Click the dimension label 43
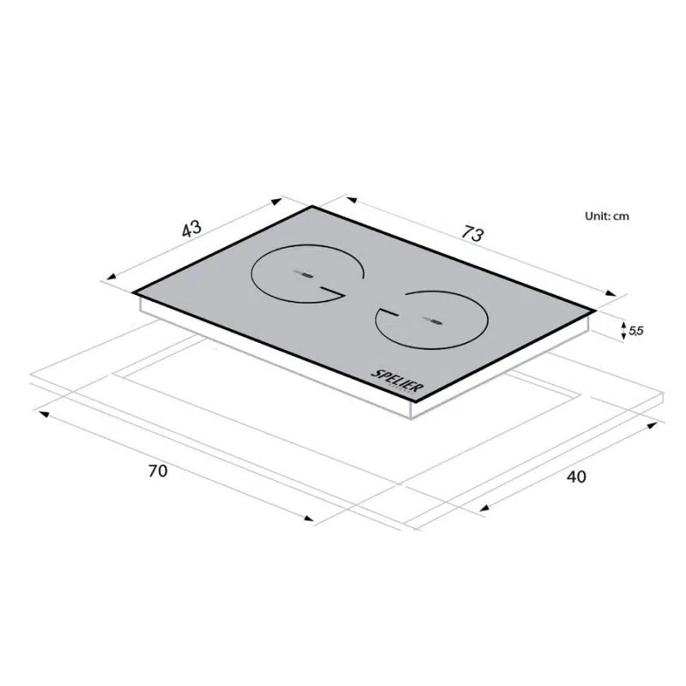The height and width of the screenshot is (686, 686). (x=191, y=229)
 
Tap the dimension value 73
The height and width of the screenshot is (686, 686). (x=472, y=233)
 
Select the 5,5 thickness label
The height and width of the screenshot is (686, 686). (x=636, y=331)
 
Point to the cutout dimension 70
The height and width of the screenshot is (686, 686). (x=158, y=471)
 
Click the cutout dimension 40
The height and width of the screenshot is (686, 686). (x=576, y=477)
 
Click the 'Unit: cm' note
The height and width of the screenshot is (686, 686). (x=607, y=216)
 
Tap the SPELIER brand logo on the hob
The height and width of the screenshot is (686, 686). (x=397, y=382)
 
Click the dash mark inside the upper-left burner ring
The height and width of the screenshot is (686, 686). (x=304, y=274)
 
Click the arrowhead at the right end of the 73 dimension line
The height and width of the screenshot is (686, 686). (x=611, y=293)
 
